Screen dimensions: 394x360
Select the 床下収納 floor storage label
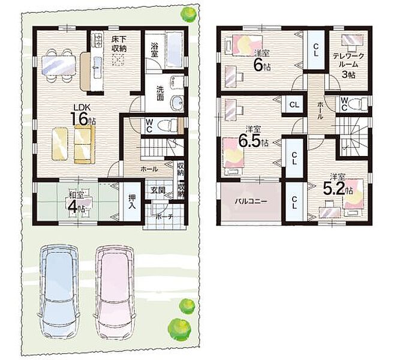click(x=119, y=44)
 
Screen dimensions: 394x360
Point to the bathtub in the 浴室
click(x=174, y=50)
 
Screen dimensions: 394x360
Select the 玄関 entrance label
click(x=158, y=190)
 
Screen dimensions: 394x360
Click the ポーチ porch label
click(x=164, y=217)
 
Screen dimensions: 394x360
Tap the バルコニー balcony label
click(x=251, y=202)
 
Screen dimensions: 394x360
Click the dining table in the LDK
click(x=59, y=64)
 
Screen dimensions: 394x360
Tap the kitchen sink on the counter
click(x=97, y=65)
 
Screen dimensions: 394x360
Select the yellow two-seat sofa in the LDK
click(x=85, y=145)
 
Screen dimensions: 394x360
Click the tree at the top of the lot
click(x=188, y=15)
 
